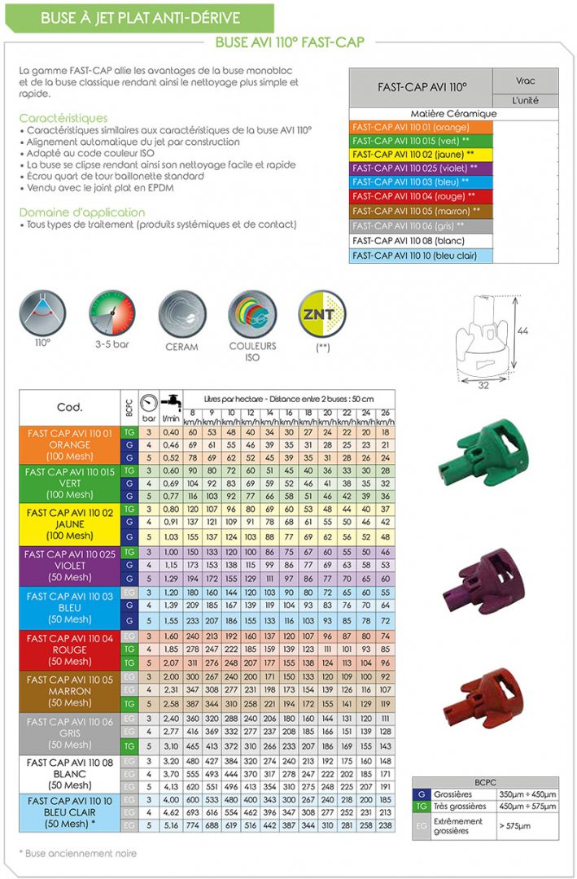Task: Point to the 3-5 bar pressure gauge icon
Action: pos(112,313)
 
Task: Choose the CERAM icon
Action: pos(181,313)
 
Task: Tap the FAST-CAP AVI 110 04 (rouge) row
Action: pos(421,196)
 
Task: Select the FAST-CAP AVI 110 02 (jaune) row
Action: pos(421,154)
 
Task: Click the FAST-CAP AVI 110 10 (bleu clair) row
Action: pos(421,255)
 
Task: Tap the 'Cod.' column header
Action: pos(69,407)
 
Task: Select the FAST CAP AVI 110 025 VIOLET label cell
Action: pos(69,565)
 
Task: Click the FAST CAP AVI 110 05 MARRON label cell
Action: pos(69,691)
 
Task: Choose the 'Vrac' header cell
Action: pos(526,82)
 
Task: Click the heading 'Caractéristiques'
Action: pos(63,118)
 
